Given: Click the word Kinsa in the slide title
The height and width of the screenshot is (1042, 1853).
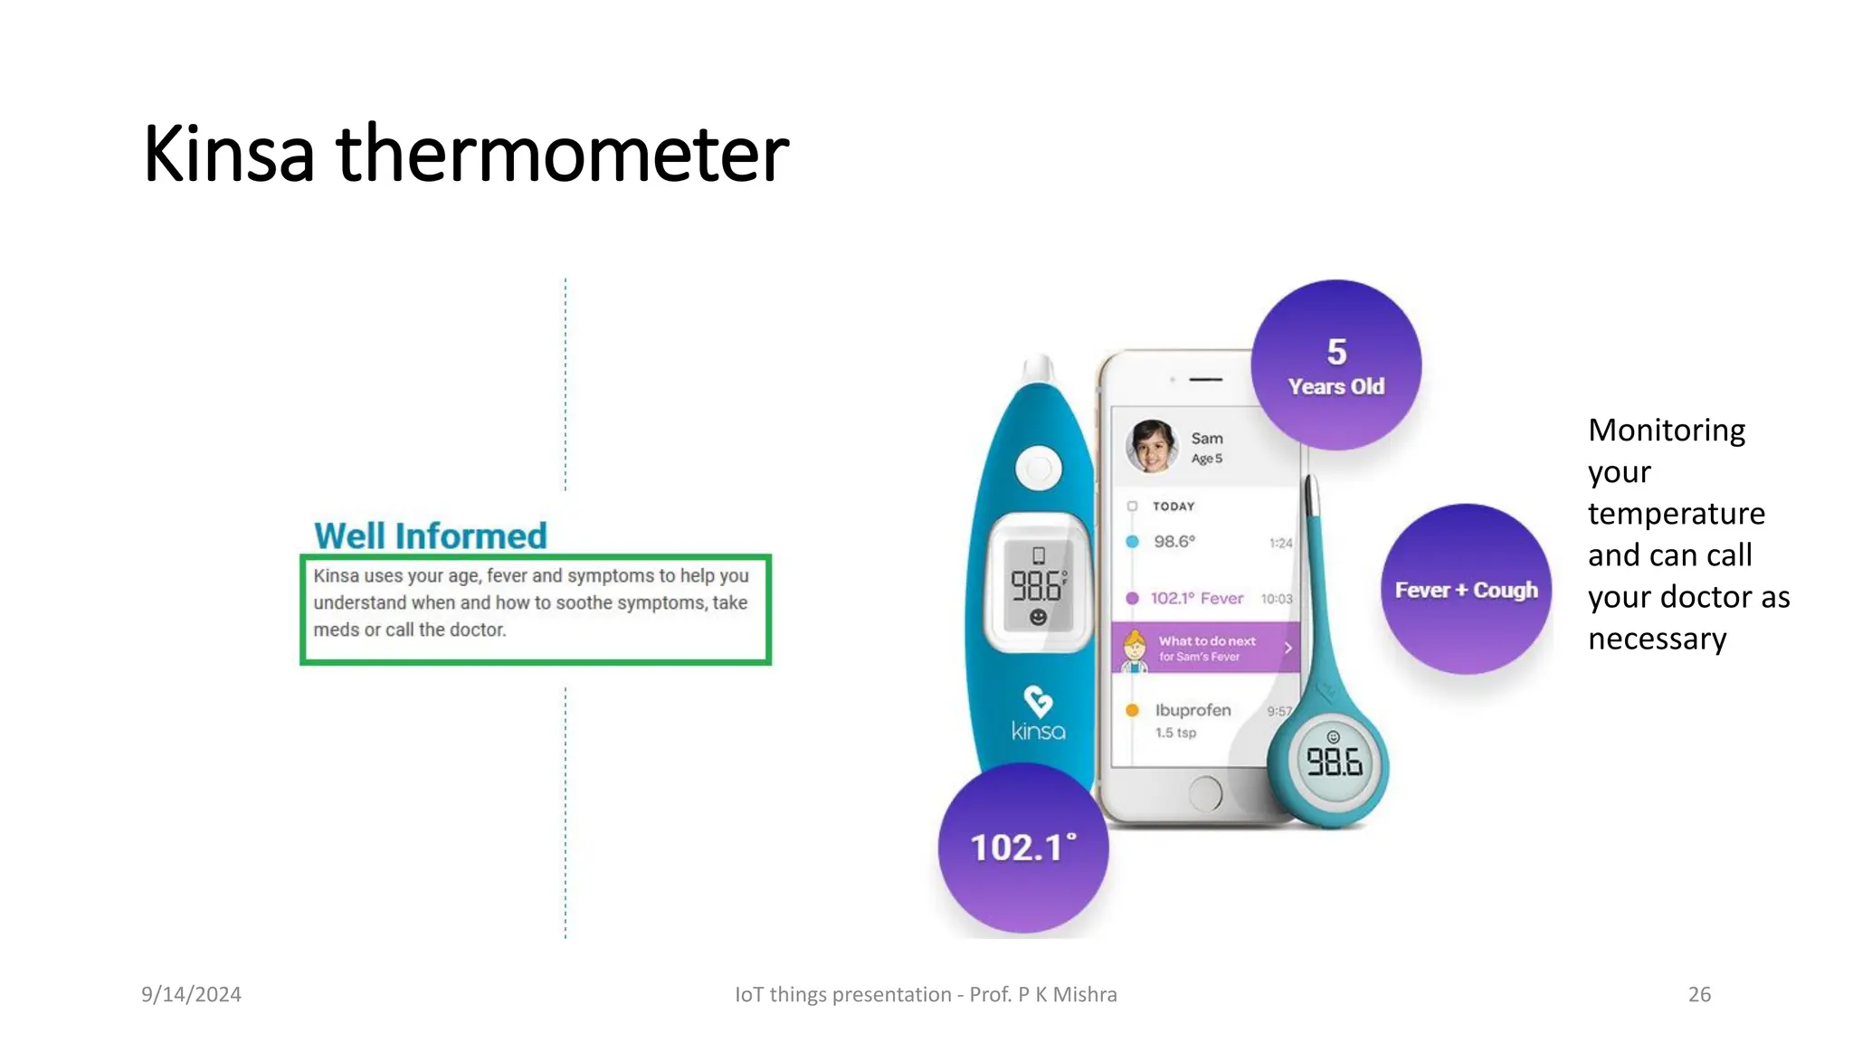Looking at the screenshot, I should click(229, 155).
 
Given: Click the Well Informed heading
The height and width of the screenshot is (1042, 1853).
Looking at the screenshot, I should click(430, 536).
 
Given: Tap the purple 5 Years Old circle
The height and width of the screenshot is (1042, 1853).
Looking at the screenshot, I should click(1335, 365).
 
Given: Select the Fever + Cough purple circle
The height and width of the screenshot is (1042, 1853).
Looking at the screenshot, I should click(1466, 590).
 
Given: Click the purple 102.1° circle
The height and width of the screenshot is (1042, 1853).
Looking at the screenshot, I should click(1022, 848).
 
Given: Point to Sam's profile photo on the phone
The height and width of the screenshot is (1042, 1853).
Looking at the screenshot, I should click(1151, 446).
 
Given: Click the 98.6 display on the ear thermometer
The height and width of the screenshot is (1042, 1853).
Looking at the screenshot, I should click(1038, 586).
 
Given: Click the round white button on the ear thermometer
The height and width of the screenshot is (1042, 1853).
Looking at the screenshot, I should click(1038, 469).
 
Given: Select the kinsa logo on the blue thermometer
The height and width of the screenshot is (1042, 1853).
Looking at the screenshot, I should click(1038, 714).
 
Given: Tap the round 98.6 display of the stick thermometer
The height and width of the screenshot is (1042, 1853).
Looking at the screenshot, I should click(1334, 762).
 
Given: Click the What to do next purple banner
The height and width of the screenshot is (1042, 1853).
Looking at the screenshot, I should click(1205, 648).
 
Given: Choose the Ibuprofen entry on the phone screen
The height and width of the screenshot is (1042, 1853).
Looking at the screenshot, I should click(1193, 711).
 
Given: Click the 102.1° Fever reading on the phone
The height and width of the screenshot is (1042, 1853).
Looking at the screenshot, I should click(1196, 599).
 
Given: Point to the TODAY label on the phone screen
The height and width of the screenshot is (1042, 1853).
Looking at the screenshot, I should click(1174, 507).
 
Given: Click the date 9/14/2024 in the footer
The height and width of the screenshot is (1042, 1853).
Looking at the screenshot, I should click(191, 995).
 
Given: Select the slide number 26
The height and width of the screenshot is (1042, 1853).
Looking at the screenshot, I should click(1699, 995).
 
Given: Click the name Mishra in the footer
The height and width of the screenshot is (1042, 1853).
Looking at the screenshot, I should click(1085, 995).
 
